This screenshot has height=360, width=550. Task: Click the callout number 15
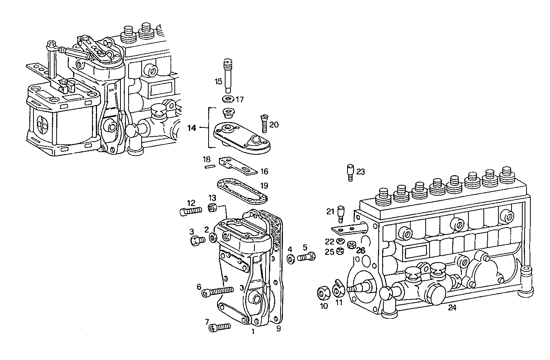218,82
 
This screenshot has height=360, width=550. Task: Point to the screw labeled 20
264,122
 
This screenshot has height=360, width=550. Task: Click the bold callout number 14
192,128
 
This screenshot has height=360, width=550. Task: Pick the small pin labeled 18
209,167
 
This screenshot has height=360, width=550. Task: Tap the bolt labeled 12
191,211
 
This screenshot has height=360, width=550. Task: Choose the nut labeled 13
211,208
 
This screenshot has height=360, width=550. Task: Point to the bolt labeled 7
219,327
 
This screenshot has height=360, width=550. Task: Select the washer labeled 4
291,259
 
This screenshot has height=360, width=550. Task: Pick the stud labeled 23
350,172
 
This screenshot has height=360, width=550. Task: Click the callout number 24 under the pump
452,308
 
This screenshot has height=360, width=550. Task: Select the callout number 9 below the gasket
278,328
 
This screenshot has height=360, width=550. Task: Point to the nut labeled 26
351,244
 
